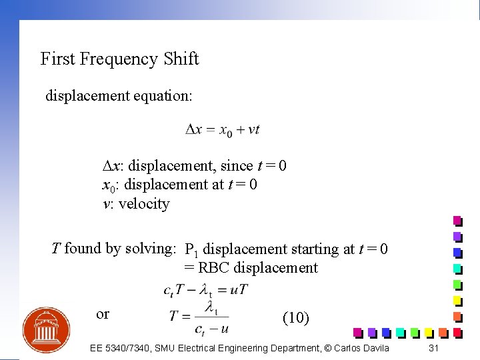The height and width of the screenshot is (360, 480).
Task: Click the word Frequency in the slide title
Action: pos(119,59)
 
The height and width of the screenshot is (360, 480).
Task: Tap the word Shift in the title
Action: pos(181,59)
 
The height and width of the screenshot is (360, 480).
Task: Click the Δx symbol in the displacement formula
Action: pos(194,129)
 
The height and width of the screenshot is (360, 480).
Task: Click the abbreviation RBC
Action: pos(214,268)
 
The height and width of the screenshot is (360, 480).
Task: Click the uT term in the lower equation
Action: pos(239,290)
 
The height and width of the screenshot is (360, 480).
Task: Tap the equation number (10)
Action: pos(296,318)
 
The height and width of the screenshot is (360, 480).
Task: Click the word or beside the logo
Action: pos(103,313)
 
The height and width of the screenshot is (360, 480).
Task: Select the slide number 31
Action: pos(434,348)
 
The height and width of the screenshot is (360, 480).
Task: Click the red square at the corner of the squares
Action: pos(457,331)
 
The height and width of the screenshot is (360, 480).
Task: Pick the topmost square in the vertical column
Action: pos(457,221)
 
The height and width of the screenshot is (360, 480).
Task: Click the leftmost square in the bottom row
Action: pos(358,331)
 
